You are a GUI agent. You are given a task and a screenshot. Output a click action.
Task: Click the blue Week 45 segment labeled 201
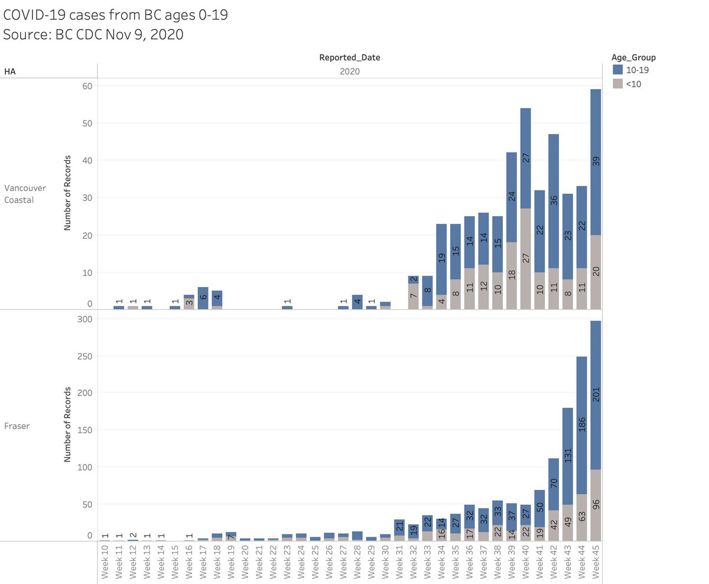tap(596, 395)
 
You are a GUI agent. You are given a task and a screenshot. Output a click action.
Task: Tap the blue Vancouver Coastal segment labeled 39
tap(596, 160)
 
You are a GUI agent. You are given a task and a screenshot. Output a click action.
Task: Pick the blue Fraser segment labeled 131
tap(568, 456)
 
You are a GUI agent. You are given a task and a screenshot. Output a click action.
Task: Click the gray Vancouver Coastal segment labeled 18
tap(511, 275)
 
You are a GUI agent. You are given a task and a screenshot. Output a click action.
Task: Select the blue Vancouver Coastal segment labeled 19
tap(441, 259)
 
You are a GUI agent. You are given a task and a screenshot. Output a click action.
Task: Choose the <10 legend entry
tap(630, 84)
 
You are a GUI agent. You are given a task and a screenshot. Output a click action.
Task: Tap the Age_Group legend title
tap(633, 58)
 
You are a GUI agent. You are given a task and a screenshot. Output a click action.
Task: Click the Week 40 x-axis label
tap(525, 561)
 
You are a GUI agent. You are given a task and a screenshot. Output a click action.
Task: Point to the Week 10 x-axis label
tap(105, 561)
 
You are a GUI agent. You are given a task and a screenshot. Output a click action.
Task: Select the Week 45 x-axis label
tap(596, 561)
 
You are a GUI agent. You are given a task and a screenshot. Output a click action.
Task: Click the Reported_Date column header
tap(349, 57)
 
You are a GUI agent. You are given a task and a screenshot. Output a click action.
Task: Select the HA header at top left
tap(10, 72)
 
